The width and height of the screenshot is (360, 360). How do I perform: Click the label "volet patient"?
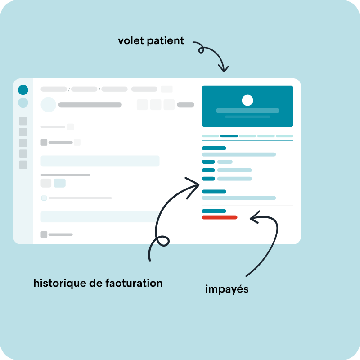(x=151, y=40)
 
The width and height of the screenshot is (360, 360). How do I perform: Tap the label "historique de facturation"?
(x=98, y=283)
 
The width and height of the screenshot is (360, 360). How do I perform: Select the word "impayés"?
(x=227, y=289)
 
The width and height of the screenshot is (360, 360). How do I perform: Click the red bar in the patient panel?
(x=219, y=217)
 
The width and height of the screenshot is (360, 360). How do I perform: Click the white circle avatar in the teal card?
(x=247, y=100)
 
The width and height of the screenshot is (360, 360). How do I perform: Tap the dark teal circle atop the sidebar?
(x=23, y=90)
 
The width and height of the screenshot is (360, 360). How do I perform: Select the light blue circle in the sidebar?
(x=23, y=103)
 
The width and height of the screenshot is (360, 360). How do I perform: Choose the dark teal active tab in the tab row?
(x=229, y=136)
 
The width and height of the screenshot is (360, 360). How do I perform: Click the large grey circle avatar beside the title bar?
(x=48, y=105)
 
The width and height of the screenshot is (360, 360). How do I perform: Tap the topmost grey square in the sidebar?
(x=23, y=121)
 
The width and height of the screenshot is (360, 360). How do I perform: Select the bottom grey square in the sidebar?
(x=23, y=165)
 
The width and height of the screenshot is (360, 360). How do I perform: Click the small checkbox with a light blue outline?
(x=44, y=198)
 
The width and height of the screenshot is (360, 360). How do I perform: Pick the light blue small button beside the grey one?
(x=59, y=183)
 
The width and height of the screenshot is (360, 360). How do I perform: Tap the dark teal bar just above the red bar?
(x=214, y=211)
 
